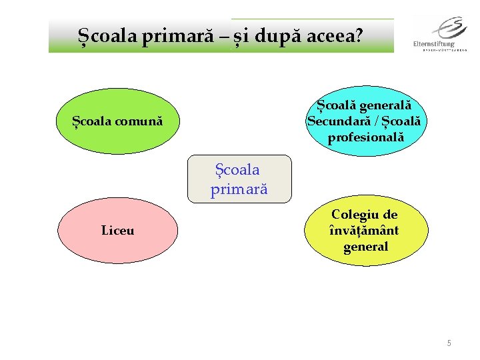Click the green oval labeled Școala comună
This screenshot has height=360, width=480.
coord(117,121)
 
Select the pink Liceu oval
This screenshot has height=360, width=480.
coord(117,231)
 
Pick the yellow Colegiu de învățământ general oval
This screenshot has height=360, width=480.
coord(365,231)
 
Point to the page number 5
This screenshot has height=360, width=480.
coord(449,343)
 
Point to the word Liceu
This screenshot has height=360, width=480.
coord(117,231)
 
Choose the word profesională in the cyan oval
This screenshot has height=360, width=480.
coord(366,138)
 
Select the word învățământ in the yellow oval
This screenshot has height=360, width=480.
coord(365,231)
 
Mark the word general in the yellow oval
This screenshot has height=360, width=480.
coord(365,247)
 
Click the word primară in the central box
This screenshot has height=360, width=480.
coord(239,189)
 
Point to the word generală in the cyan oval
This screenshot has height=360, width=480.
coord(385,105)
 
